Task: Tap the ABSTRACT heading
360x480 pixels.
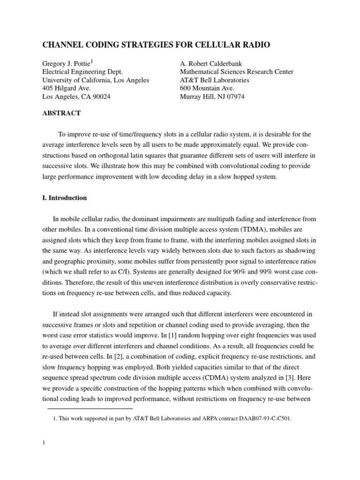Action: click(x=61, y=113)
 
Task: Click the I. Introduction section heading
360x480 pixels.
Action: click(x=65, y=198)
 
